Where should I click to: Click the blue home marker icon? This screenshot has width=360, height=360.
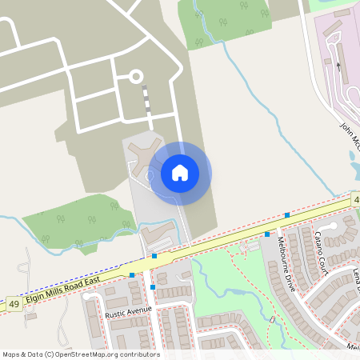click(x=180, y=173)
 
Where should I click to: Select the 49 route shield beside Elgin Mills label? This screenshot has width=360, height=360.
click(x=14, y=304)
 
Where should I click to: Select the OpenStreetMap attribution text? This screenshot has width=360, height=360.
click(x=81, y=354)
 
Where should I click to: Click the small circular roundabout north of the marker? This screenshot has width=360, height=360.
click(x=136, y=76)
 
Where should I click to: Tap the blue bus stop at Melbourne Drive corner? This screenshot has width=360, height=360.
click(x=267, y=234)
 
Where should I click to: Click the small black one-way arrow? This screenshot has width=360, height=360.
click(x=338, y=66)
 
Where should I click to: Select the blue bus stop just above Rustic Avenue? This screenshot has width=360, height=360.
click(x=151, y=286)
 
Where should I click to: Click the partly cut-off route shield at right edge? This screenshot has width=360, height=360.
click(x=355, y=198)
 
